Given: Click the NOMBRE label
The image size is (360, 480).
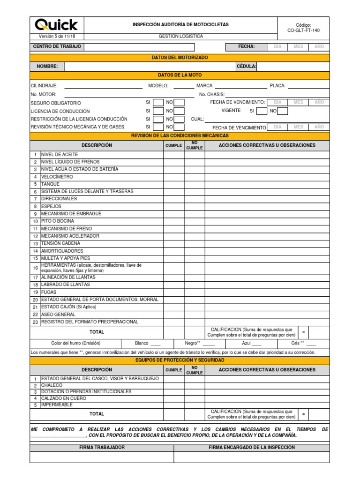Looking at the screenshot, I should click(x=47, y=67).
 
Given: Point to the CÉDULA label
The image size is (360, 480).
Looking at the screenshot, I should click(x=247, y=67).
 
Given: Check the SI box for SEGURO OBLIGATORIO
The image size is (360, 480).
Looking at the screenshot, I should click(x=158, y=103).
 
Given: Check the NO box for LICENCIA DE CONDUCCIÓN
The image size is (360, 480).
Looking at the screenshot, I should click(x=179, y=111).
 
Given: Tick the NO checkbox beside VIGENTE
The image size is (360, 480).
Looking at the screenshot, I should click(x=283, y=111).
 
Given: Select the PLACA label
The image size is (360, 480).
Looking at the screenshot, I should click(x=277, y=86).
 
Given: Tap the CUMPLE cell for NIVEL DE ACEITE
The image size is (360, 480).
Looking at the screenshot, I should click(x=173, y=154).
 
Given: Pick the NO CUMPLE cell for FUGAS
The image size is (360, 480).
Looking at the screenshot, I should click(x=194, y=292).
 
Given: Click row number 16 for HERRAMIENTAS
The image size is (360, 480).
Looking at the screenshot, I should click(x=35, y=268).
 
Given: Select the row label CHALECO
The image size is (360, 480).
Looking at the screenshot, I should click(x=52, y=385).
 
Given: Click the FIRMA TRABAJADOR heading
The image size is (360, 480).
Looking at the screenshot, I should click(x=102, y=448).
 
